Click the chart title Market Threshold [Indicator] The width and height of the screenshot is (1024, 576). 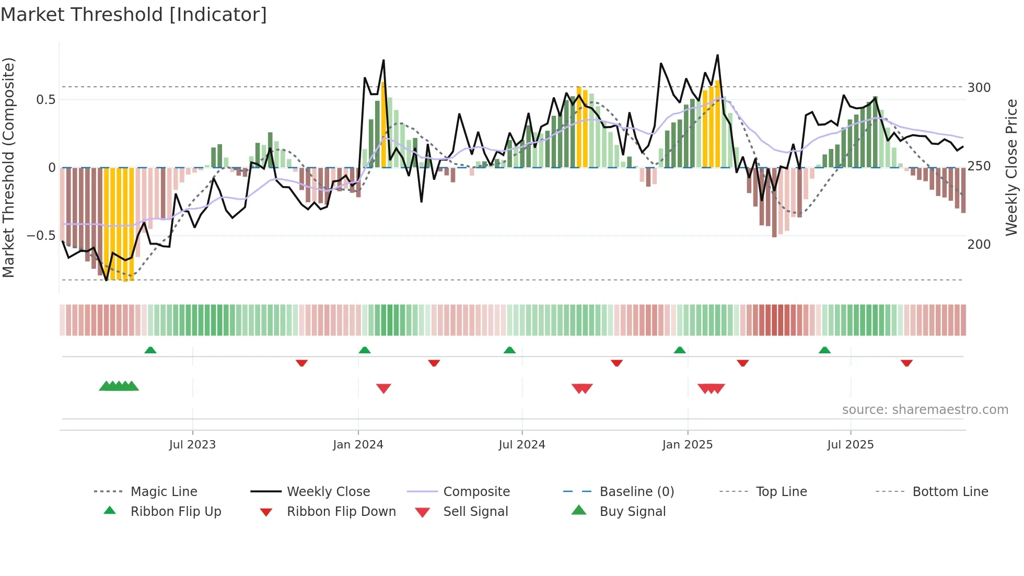(x=134, y=15)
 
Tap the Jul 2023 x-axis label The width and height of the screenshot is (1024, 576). (x=192, y=445)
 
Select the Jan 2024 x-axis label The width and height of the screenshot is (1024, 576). (x=358, y=445)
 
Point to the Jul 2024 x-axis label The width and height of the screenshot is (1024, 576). (x=521, y=445)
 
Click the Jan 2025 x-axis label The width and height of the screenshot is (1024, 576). (x=687, y=445)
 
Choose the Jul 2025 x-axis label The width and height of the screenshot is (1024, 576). (x=850, y=445)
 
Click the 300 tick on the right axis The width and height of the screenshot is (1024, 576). (x=979, y=88)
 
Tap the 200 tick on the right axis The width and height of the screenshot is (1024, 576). (x=979, y=245)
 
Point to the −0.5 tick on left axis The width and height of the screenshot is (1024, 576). (x=41, y=236)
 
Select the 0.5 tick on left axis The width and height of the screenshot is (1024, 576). (x=45, y=100)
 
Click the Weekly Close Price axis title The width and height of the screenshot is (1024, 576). (x=1011, y=167)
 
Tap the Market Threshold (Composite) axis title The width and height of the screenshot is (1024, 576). (x=8, y=167)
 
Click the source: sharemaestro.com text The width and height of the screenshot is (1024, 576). (x=925, y=410)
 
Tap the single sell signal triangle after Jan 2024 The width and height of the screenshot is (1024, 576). (x=383, y=388)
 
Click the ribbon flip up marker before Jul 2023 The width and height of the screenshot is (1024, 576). (x=150, y=350)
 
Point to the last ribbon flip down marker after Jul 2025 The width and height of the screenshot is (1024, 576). (x=906, y=363)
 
